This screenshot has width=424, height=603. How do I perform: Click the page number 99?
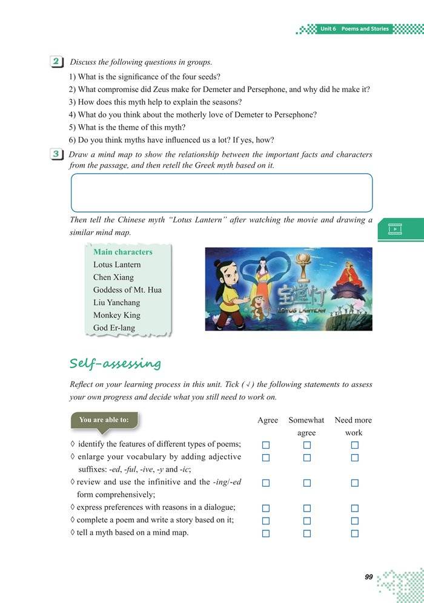[368, 577]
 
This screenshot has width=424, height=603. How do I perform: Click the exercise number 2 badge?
[56, 62]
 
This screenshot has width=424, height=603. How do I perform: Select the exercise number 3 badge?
[56, 154]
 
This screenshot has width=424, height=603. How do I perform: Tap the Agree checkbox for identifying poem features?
[265, 445]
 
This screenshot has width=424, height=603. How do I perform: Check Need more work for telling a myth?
[354, 533]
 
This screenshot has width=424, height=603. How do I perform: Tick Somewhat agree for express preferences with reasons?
[306, 508]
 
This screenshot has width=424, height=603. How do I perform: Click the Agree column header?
[268, 420]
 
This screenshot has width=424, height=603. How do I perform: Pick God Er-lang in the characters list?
[114, 328]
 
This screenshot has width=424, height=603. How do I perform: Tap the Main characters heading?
[123, 252]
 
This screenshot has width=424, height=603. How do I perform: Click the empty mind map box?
[222, 193]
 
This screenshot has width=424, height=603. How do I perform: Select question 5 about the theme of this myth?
[127, 127]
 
